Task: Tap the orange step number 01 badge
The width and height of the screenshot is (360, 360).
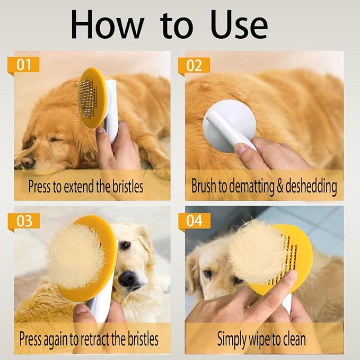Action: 24,65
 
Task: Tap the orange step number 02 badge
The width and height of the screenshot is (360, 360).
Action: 195,65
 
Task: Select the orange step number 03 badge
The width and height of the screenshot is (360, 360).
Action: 24,220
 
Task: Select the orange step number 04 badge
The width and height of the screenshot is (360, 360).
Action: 195,220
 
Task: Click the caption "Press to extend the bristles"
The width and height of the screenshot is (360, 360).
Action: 85,186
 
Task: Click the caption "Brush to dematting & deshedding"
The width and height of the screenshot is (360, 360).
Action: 264,186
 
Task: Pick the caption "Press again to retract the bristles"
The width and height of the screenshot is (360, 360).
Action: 89,338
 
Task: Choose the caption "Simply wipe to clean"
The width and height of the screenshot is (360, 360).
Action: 261,338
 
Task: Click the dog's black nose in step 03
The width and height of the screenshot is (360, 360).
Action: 127,279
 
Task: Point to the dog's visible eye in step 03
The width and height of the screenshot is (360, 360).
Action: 125,245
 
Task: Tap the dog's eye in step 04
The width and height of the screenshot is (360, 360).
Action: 207,274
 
